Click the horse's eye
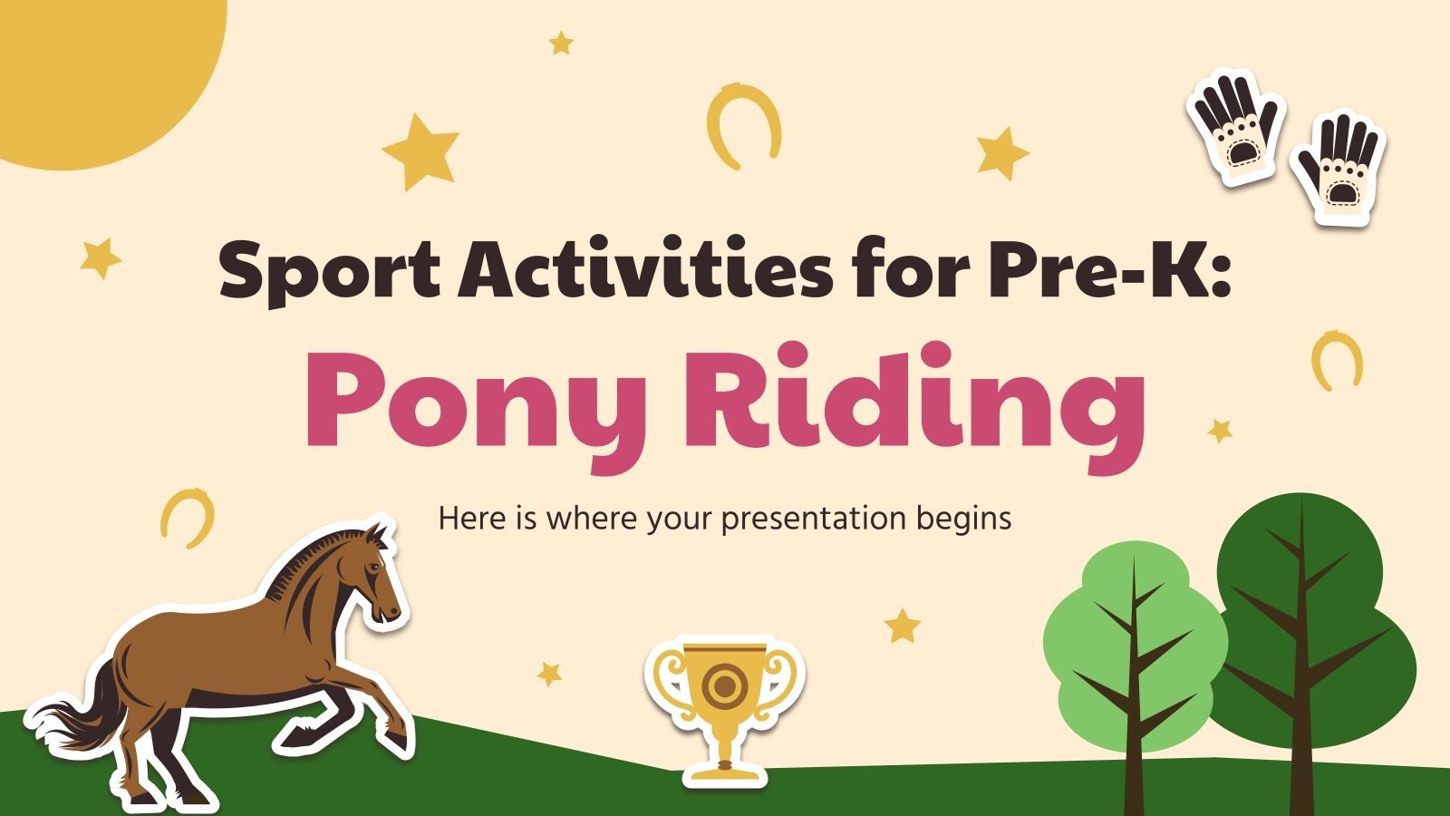[374, 568]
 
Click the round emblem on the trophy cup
[724, 686]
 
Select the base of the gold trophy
[724, 772]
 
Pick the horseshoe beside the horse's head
[188, 517]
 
